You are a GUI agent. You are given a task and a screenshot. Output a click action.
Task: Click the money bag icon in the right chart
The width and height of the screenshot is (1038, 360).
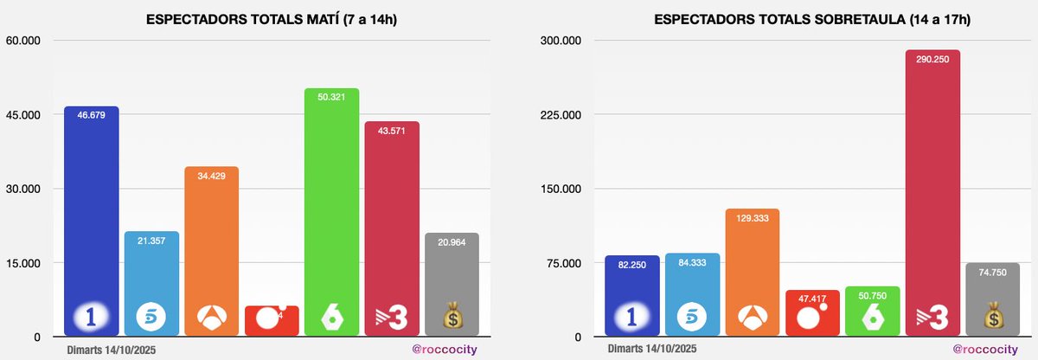coord(992,318)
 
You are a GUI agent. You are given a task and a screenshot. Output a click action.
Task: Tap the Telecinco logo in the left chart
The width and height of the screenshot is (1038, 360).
coord(151,318)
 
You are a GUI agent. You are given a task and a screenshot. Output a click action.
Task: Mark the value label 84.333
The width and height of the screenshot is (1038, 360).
coord(692,265)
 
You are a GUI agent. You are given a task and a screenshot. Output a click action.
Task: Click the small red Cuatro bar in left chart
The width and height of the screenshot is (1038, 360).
coord(272,319)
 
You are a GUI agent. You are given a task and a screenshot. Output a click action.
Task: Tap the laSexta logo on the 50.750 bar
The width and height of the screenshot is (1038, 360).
coord(872,318)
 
